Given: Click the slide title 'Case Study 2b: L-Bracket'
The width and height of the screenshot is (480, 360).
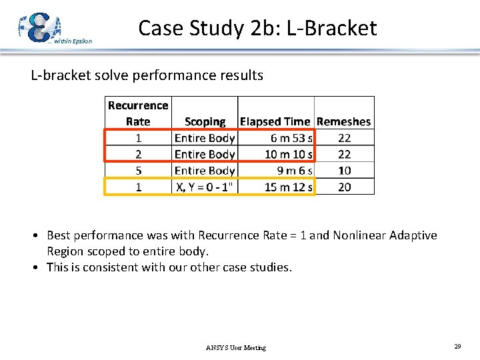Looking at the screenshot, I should pos(257,28).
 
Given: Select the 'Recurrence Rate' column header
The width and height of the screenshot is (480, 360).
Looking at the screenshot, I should pos(138,113).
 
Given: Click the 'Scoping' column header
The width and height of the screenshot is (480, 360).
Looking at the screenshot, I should pos(205,121).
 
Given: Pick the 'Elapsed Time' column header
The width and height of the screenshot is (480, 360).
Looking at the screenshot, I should pos(275,121).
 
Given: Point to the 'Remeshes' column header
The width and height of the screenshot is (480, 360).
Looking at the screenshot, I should pos(344,121).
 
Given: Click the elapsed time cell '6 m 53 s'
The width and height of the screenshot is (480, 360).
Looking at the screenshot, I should pos(291,138).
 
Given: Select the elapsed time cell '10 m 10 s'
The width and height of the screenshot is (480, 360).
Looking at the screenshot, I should pos(289,154).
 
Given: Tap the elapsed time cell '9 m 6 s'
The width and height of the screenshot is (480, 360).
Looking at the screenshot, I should pos(294,171).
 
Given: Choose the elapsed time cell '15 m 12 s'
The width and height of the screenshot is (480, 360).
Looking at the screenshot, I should pos(289,187).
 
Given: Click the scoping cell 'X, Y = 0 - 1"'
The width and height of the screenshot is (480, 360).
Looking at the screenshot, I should pos(205,187).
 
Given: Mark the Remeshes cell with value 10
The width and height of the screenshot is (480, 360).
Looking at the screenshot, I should pos(344,171).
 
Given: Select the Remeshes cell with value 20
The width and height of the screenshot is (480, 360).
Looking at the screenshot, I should pos(344,187).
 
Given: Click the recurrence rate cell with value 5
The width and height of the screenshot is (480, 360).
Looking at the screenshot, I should pos(138,171).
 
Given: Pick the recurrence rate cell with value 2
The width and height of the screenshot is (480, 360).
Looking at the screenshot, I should pos(138,154).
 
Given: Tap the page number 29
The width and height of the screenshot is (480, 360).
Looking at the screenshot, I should pos(457,347).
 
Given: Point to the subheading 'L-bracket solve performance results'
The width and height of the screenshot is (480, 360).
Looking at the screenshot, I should pos(147,75).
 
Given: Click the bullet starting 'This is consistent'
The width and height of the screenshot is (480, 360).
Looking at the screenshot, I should pos(169,267).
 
